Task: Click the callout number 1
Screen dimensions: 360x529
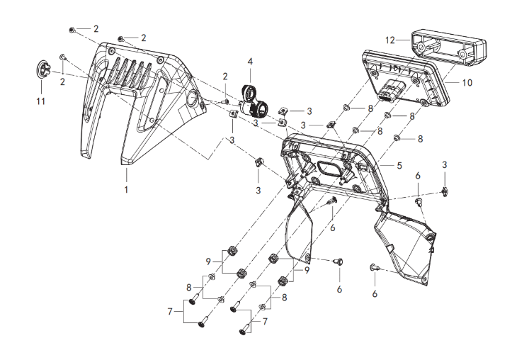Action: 127,191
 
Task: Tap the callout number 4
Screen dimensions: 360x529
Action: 249,62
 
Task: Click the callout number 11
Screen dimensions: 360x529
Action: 41,101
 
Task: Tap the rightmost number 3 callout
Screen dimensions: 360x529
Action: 445,164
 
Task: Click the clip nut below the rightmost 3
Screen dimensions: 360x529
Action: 446,189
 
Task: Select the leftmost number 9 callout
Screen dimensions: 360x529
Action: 207,261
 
